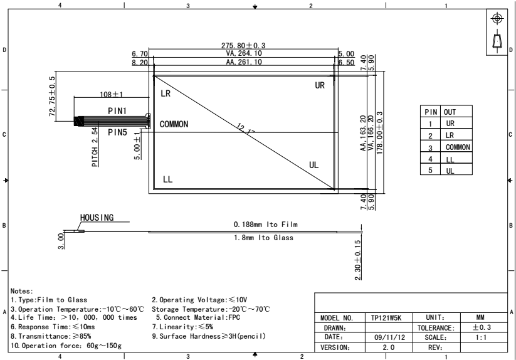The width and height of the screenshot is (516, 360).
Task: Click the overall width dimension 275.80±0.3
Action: click(243, 45)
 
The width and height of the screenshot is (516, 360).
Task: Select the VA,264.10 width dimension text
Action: click(244, 53)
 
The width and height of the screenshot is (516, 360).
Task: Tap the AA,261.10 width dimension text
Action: click(244, 62)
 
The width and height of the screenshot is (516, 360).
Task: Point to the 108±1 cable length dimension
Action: click(111, 95)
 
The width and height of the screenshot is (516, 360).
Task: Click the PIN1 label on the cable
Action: click(117, 111)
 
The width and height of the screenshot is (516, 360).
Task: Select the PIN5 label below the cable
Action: click(117, 132)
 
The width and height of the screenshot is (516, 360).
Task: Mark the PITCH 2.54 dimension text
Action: click(95, 147)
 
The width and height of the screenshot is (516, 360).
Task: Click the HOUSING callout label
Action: click(97, 218)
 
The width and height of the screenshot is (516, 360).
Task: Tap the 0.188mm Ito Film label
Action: click(266, 225)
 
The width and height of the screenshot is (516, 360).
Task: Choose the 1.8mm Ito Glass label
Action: click(263, 238)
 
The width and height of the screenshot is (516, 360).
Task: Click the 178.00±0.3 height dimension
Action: click(380, 133)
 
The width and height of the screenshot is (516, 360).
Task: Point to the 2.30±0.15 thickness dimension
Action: click(358, 260)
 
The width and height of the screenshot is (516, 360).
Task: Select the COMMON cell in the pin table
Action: click(458, 147)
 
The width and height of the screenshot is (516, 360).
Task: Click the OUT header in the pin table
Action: click(450, 112)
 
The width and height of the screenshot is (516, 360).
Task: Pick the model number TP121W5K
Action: click(386, 318)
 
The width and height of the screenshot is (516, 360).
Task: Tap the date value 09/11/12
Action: click(389, 337)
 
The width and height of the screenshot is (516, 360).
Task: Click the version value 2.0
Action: click(388, 347)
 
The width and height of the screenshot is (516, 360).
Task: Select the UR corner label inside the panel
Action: click(320, 85)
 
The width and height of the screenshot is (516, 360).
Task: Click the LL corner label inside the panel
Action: click(167, 179)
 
